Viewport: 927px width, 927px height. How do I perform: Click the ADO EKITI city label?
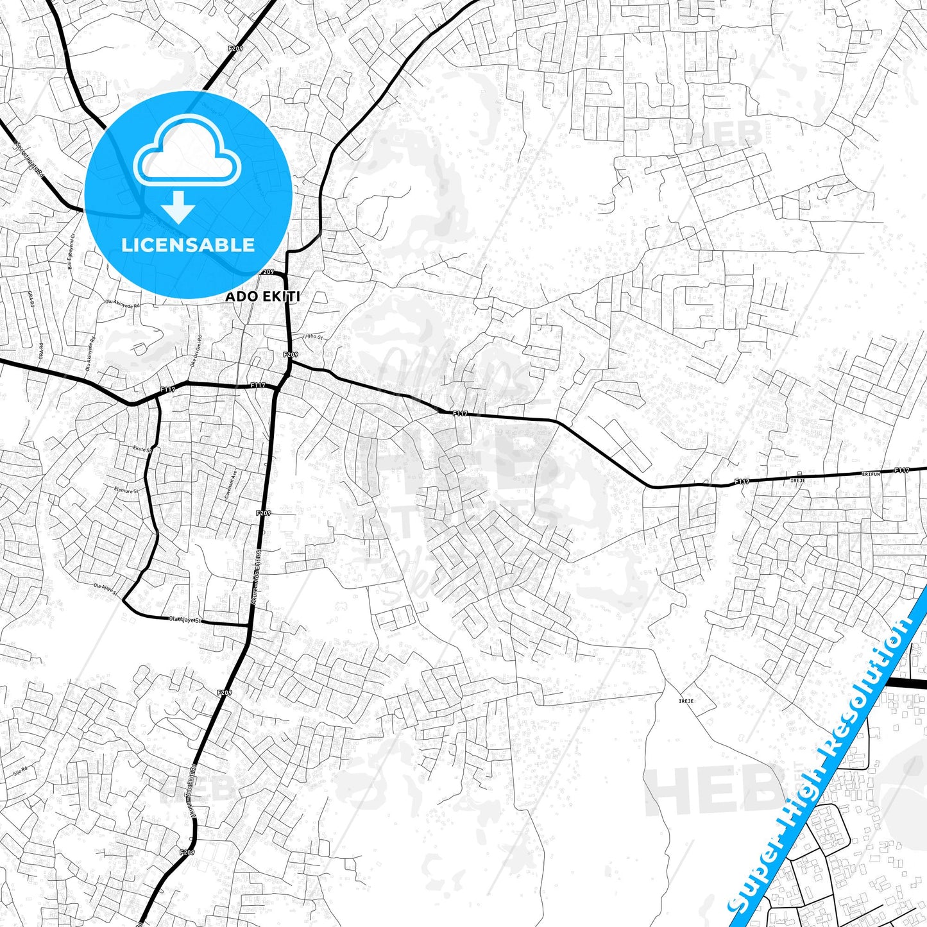point(262,297)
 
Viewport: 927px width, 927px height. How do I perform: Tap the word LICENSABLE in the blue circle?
point(188,244)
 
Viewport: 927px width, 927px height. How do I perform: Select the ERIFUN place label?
point(871,473)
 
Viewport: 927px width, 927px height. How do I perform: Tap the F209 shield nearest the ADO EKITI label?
point(268,272)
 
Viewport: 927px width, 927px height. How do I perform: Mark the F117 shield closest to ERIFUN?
point(901,470)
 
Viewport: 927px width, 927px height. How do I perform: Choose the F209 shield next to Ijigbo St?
point(290,354)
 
